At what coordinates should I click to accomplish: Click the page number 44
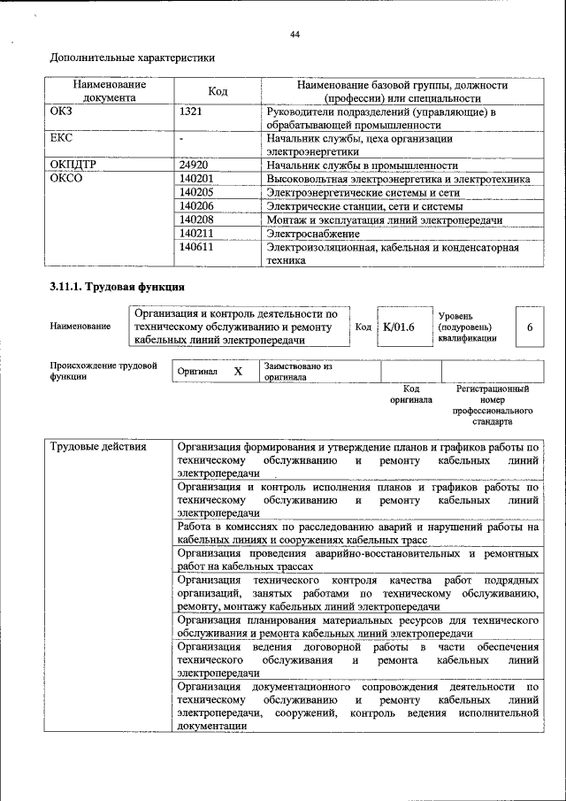pyautogui.click(x=295, y=35)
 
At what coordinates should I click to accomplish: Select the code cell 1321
pyautogui.click(x=191, y=112)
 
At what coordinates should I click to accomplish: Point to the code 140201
pyautogui.click(x=196, y=179)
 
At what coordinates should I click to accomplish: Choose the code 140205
pyautogui.click(x=196, y=192)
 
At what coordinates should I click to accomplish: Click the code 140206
pyautogui.click(x=196, y=205)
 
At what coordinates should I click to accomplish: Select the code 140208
pyautogui.click(x=196, y=220)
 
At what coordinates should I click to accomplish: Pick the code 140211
pyautogui.click(x=196, y=233)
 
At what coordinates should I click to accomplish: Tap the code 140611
pyautogui.click(x=196, y=247)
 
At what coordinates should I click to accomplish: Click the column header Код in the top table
pyautogui.click(x=218, y=92)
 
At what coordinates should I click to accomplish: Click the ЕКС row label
pyautogui.click(x=62, y=139)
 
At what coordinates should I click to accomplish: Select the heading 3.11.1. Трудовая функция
pyautogui.click(x=117, y=288)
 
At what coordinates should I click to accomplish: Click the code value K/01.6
pyautogui.click(x=399, y=327)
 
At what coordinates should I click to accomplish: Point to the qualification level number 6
pyautogui.click(x=529, y=327)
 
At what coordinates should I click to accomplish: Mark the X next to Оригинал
pyautogui.click(x=238, y=372)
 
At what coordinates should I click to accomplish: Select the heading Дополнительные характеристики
pyautogui.click(x=132, y=58)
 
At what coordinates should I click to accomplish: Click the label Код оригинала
pyautogui.click(x=410, y=394)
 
